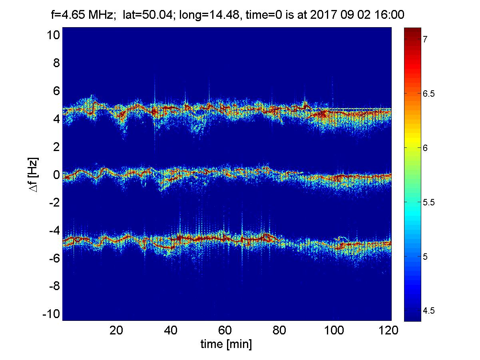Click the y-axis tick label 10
click(x=54, y=35)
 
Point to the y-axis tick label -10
click(x=51, y=314)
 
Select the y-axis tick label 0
click(x=56, y=175)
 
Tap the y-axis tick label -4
click(x=54, y=231)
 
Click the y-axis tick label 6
click(x=56, y=91)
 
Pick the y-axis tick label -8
click(x=54, y=286)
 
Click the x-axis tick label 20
click(x=116, y=330)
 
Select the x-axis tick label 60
click(x=225, y=330)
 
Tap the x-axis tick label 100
click(x=334, y=330)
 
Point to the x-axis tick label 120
click(x=388, y=330)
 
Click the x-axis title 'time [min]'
click(x=226, y=344)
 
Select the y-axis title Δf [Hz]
click(x=34, y=175)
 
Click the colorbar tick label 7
click(x=425, y=39)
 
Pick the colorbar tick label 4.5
click(x=428, y=310)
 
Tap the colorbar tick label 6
click(x=425, y=148)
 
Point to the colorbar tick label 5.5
click(x=428, y=203)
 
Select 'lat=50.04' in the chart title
click(x=148, y=15)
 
